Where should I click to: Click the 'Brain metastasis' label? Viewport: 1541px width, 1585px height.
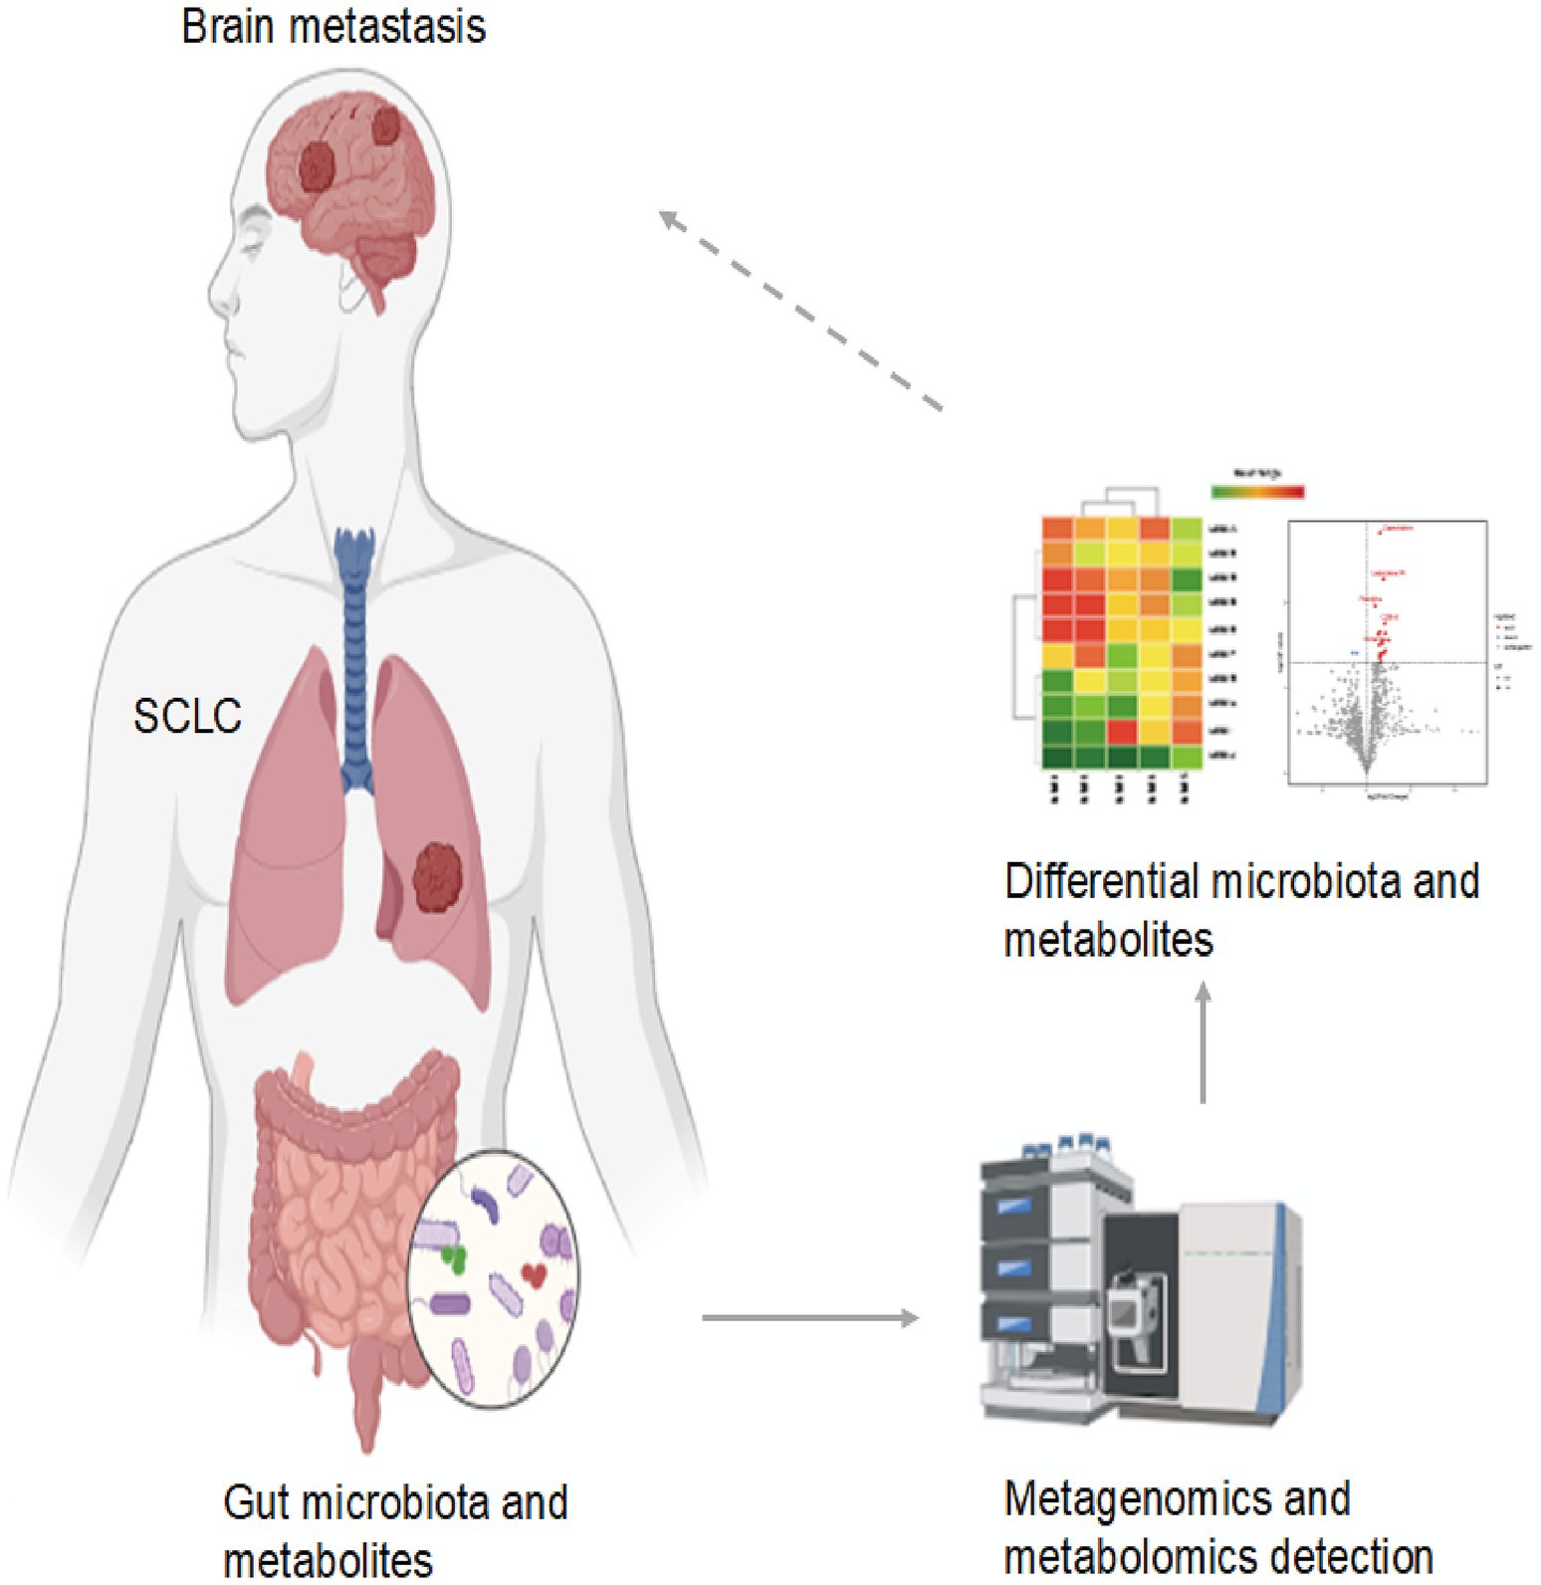(x=333, y=27)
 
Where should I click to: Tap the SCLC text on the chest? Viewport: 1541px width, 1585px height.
(x=187, y=716)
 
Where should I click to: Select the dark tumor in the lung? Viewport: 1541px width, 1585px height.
(x=438, y=876)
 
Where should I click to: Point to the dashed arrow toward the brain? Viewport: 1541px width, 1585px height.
(x=801, y=311)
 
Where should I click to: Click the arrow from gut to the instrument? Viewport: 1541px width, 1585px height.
(x=809, y=1318)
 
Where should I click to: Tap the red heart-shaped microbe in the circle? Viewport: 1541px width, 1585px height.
(x=534, y=1274)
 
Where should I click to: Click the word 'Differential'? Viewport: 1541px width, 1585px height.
(x=1101, y=882)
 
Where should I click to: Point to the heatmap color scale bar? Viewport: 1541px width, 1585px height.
(x=1257, y=492)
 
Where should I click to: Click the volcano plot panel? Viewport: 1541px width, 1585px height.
(x=1387, y=653)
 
